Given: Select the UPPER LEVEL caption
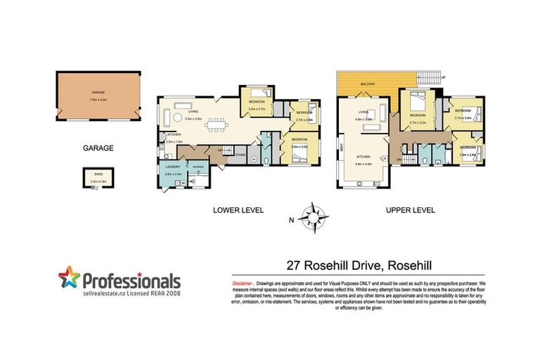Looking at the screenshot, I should pos(411,210).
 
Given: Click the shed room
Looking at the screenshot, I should pos(94,179).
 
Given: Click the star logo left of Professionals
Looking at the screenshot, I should pos(67,278).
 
